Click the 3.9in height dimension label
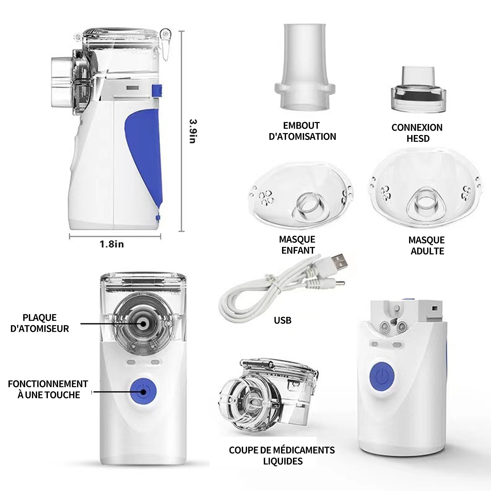(193, 131)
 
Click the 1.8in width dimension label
(112, 244)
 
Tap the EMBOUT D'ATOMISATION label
(302, 131)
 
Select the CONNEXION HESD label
(417, 133)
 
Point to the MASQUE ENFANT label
(297, 245)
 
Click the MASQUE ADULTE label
(427, 245)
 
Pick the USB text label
(283, 320)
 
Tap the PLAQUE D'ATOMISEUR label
(40, 323)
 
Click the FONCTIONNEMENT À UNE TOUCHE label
(48, 389)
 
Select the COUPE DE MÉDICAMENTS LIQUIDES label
(282, 456)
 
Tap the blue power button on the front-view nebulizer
(143, 392)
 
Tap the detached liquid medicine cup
(269, 396)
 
